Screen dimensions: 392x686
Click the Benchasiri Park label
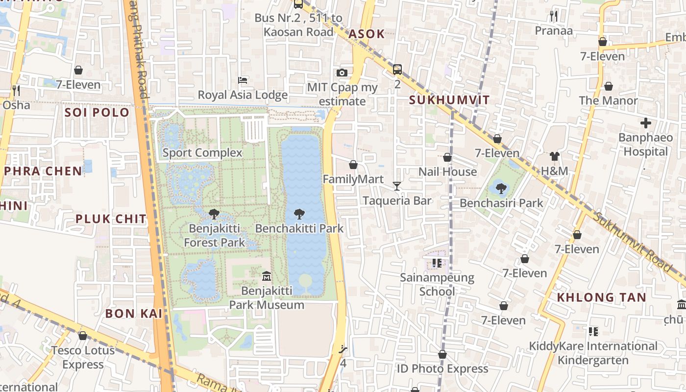pyautogui.click(x=501, y=203)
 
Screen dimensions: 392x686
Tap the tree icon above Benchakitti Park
pyautogui.click(x=299, y=214)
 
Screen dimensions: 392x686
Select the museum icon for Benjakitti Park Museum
pyautogui.click(x=267, y=276)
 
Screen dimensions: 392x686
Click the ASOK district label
pyautogui.click(x=366, y=34)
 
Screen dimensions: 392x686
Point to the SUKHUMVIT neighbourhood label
pyautogui.click(x=449, y=100)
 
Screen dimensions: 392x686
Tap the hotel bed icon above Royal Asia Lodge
pyautogui.click(x=243, y=80)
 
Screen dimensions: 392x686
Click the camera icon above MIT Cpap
pyautogui.click(x=342, y=73)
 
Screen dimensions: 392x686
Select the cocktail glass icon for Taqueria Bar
pyautogui.click(x=397, y=186)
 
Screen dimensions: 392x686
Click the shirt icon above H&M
pyautogui.click(x=554, y=157)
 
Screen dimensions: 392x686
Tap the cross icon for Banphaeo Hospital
pyautogui.click(x=646, y=123)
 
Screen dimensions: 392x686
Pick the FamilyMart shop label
pyautogui.click(x=353, y=179)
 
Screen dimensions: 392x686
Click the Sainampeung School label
pyautogui.click(x=437, y=285)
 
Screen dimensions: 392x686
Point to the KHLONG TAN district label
pyautogui.click(x=601, y=297)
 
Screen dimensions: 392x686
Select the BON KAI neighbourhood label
pyautogui.click(x=133, y=314)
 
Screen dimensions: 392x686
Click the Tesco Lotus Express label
pyautogui.click(x=83, y=357)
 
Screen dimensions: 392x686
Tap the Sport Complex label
pyautogui.click(x=202, y=153)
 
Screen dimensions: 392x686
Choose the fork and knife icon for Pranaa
pyautogui.click(x=554, y=16)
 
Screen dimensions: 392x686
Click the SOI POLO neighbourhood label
pyautogui.click(x=97, y=112)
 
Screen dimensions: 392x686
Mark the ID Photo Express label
pyautogui.click(x=442, y=368)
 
